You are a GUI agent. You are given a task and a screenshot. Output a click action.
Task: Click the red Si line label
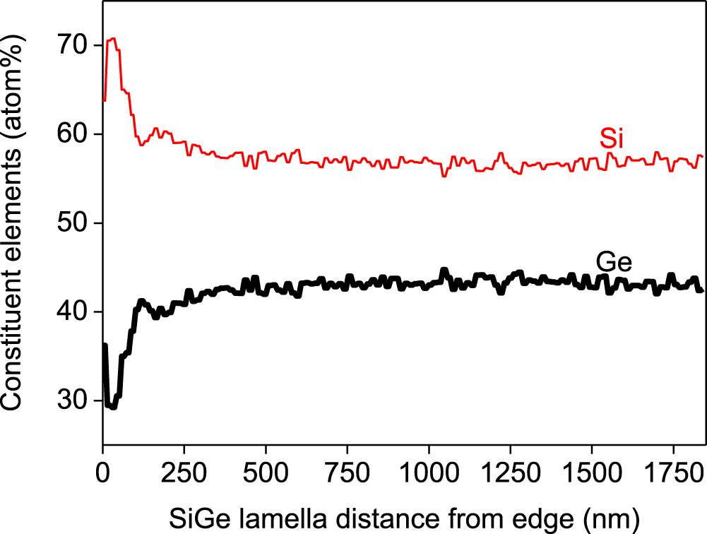[612, 139]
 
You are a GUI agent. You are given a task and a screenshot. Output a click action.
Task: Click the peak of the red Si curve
[112, 38]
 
